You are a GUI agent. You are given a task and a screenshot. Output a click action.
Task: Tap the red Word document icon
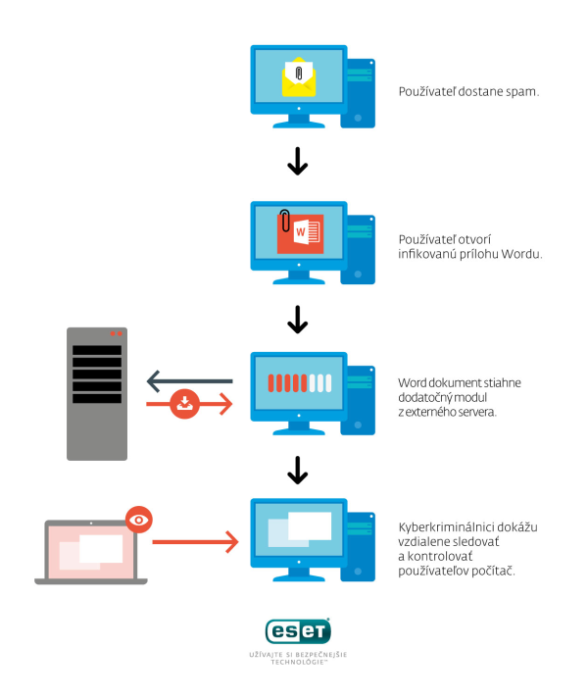300,234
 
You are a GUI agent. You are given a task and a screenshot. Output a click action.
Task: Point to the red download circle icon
185,404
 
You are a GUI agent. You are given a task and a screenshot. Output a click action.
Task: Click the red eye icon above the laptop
141,519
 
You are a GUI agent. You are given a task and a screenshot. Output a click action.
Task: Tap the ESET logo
299,630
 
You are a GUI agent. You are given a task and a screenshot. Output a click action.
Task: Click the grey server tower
97,393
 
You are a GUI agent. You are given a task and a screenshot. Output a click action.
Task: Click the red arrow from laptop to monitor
196,540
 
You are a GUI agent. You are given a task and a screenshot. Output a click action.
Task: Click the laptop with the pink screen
90,551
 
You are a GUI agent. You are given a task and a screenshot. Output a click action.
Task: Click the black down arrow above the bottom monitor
298,474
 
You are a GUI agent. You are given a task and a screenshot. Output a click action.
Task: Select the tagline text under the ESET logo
299,658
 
